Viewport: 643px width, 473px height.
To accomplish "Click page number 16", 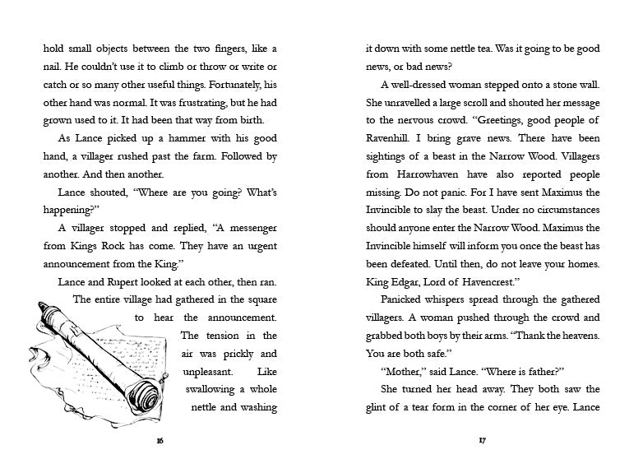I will pyautogui.click(x=160, y=441).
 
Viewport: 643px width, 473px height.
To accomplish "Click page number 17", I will pyautogui.click(x=483, y=441).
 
